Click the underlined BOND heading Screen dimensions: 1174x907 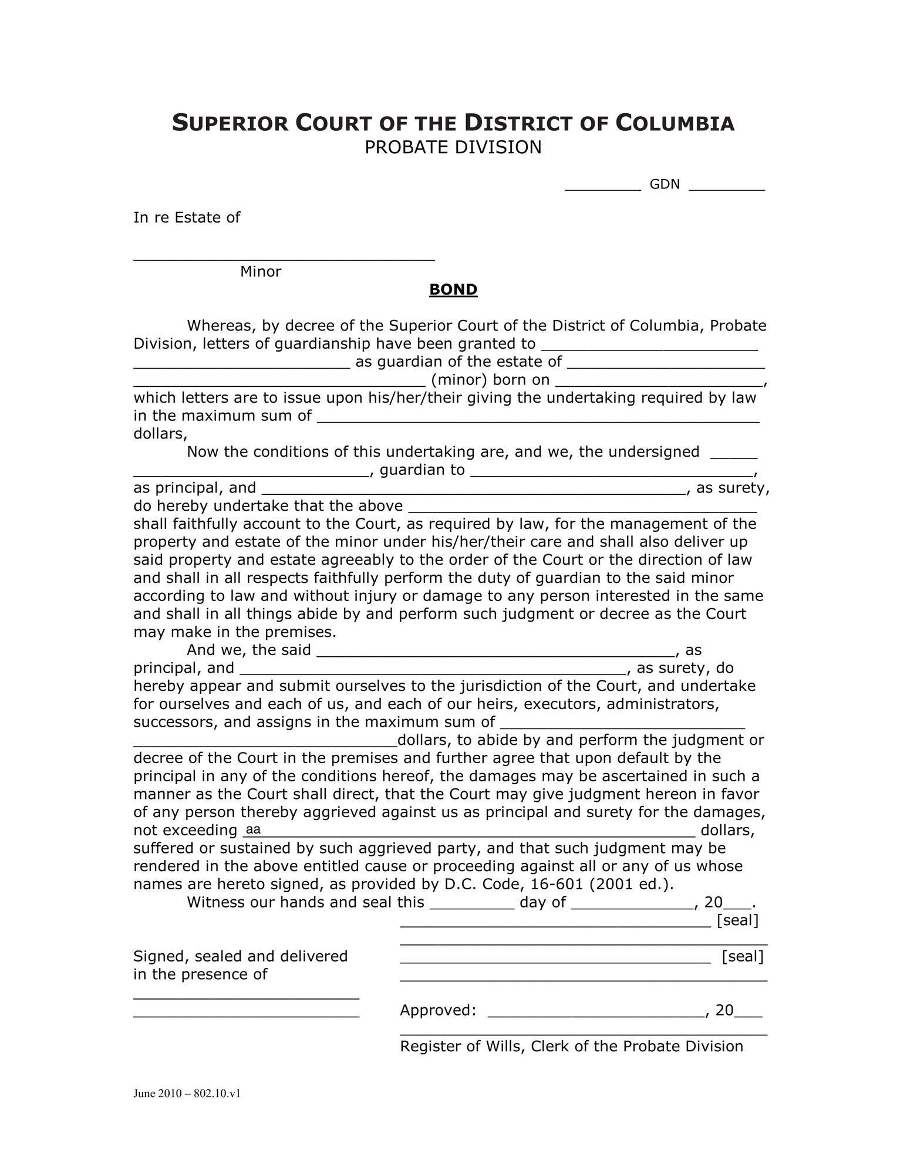tap(453, 290)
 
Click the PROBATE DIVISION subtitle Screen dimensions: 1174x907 tap(453, 147)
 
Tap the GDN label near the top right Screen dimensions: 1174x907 tap(664, 184)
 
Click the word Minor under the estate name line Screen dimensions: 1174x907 tap(261, 272)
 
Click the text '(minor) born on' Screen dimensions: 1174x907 tap(490, 380)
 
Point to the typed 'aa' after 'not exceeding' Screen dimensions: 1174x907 tap(253, 829)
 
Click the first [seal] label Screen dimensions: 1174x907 tap(737, 920)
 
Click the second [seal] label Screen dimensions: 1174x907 tap(742, 957)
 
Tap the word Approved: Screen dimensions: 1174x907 tap(437, 1010)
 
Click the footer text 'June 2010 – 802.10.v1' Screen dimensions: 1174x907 tap(187, 1094)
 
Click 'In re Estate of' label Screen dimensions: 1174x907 tap(187, 218)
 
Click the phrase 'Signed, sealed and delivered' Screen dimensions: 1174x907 tap(241, 956)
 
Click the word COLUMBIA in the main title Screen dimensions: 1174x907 tap(675, 124)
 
